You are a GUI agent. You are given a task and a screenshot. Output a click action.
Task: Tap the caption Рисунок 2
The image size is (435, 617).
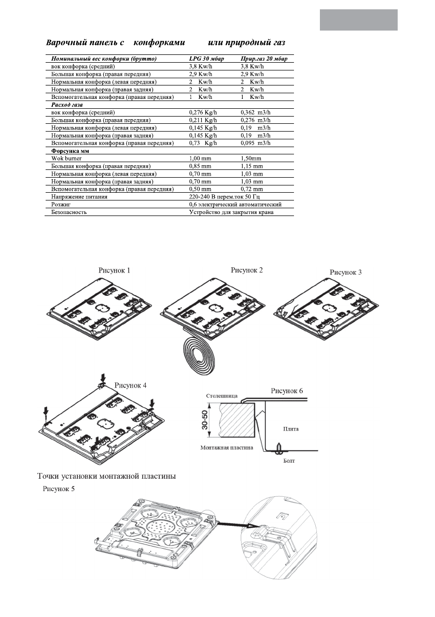tap(247, 270)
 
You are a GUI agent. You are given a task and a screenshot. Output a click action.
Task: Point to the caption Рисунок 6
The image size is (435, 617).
tap(287, 390)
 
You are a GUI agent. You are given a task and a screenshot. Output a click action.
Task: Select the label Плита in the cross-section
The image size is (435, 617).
tap(291, 429)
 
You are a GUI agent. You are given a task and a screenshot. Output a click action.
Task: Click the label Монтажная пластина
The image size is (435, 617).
tap(227, 448)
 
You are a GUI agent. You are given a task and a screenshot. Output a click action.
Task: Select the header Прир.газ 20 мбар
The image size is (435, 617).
tap(264, 60)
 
